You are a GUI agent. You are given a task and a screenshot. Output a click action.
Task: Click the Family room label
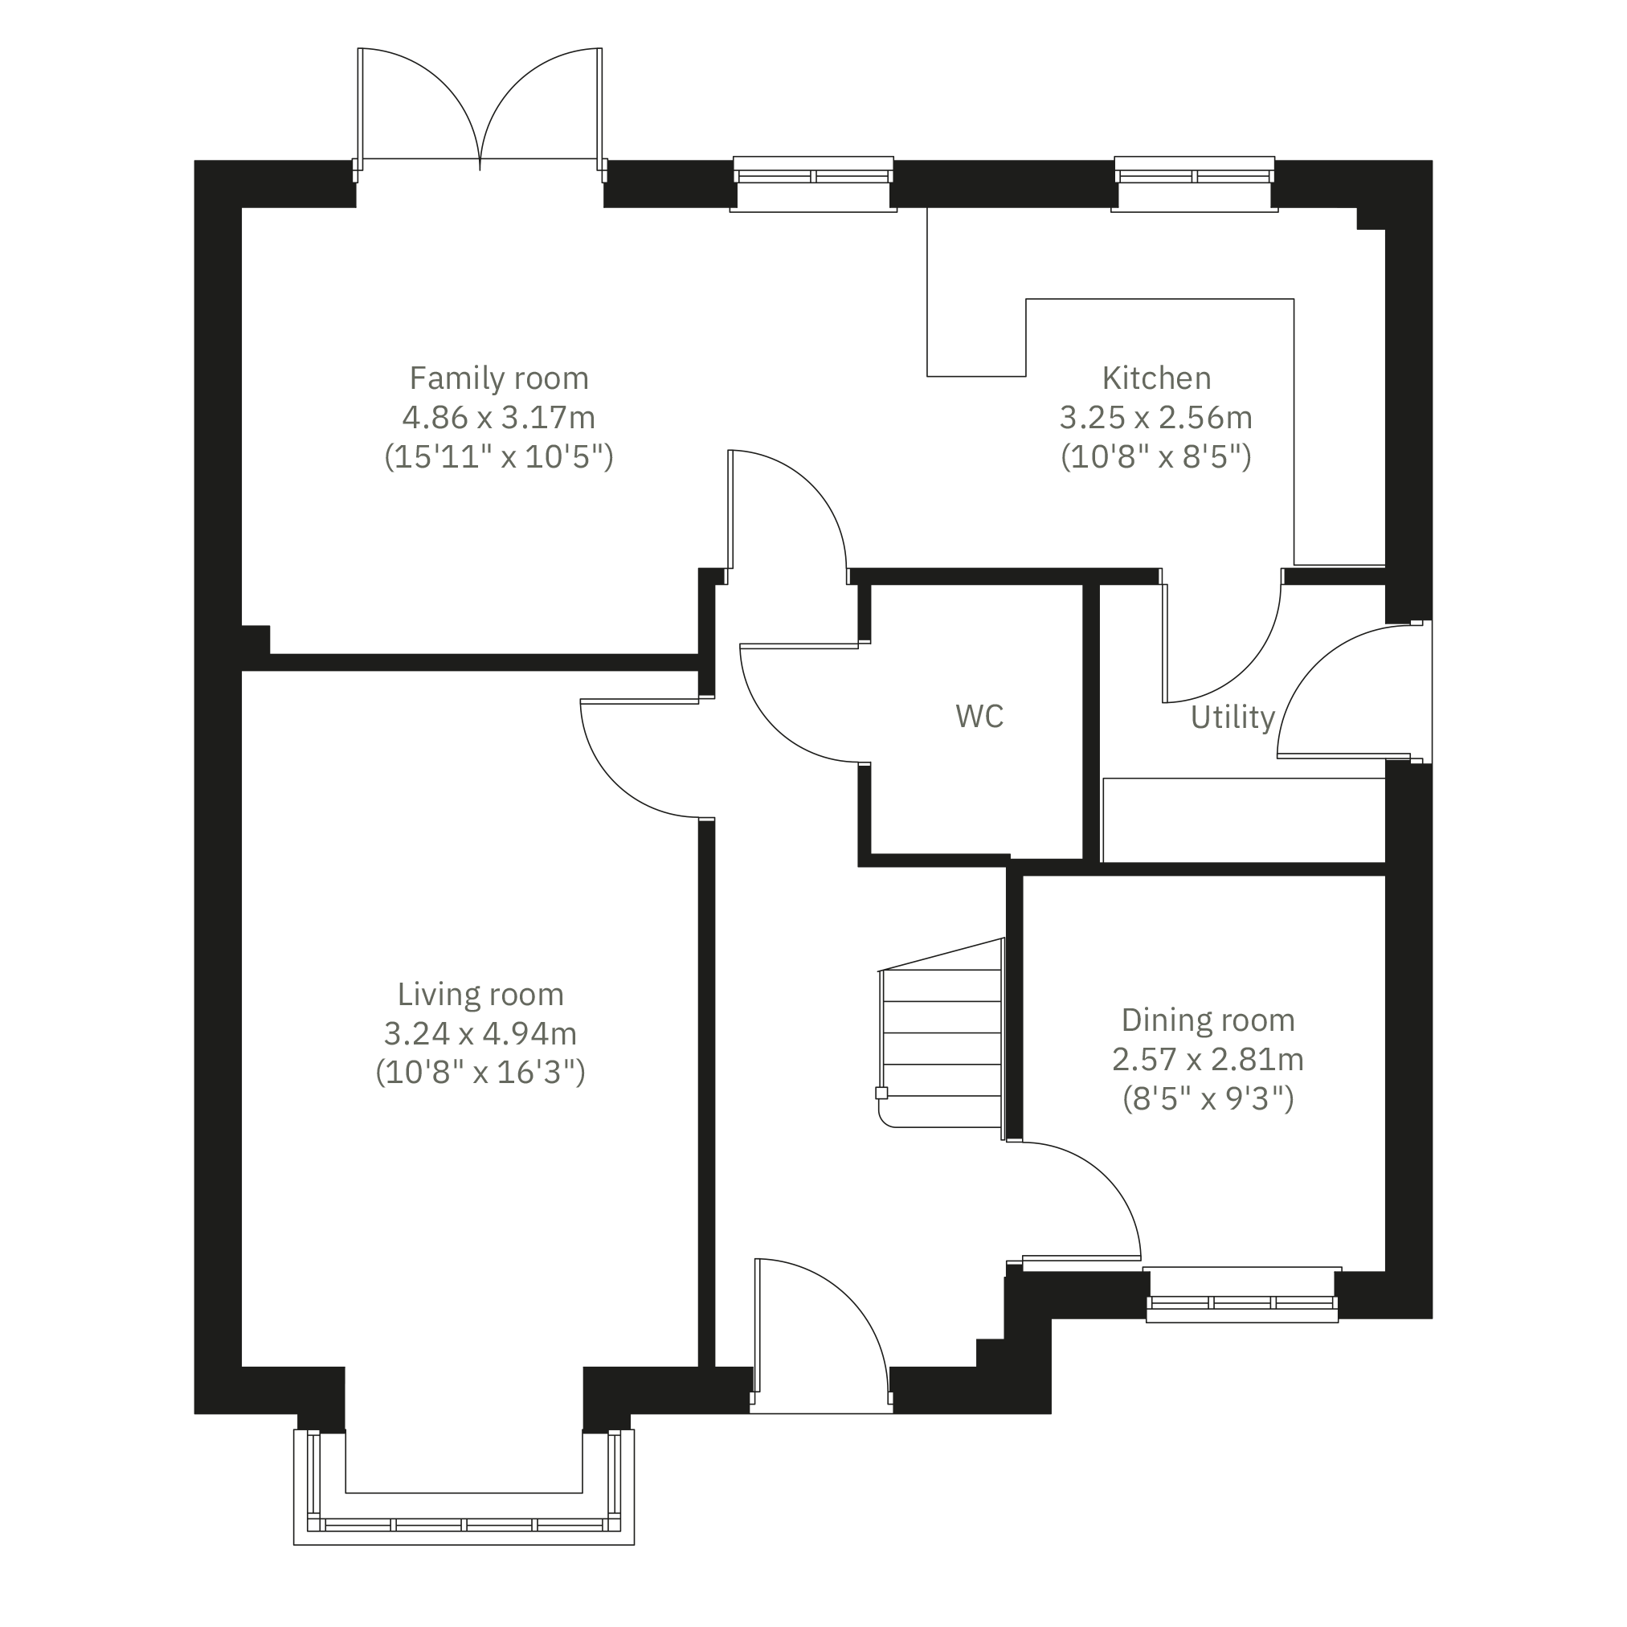(498, 379)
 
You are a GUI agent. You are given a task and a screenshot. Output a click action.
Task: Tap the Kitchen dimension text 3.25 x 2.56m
(1156, 418)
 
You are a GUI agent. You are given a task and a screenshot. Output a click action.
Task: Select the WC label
(979, 716)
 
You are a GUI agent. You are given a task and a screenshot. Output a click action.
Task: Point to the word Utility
(1233, 717)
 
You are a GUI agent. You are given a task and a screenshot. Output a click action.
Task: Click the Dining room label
(1208, 1020)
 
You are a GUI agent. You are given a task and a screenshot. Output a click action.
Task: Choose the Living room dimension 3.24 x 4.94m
(480, 1033)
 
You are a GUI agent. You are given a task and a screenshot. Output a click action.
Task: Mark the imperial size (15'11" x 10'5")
(498, 456)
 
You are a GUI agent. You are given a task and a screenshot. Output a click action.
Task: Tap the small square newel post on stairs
(881, 1093)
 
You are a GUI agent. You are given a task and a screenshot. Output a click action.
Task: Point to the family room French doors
(480, 109)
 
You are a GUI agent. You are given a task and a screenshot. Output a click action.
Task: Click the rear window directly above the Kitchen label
(1194, 183)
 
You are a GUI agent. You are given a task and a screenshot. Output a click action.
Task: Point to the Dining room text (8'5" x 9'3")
(1208, 1098)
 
